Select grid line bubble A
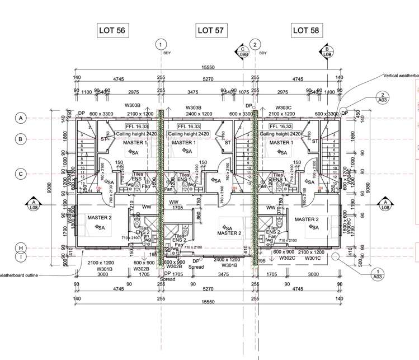pos(21,118)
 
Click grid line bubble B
pos(21,139)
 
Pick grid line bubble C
pos(21,174)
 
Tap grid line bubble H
pos(21,248)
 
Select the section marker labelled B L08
pos(327,52)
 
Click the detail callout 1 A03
pos(382,273)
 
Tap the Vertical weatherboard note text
pos(401,75)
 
